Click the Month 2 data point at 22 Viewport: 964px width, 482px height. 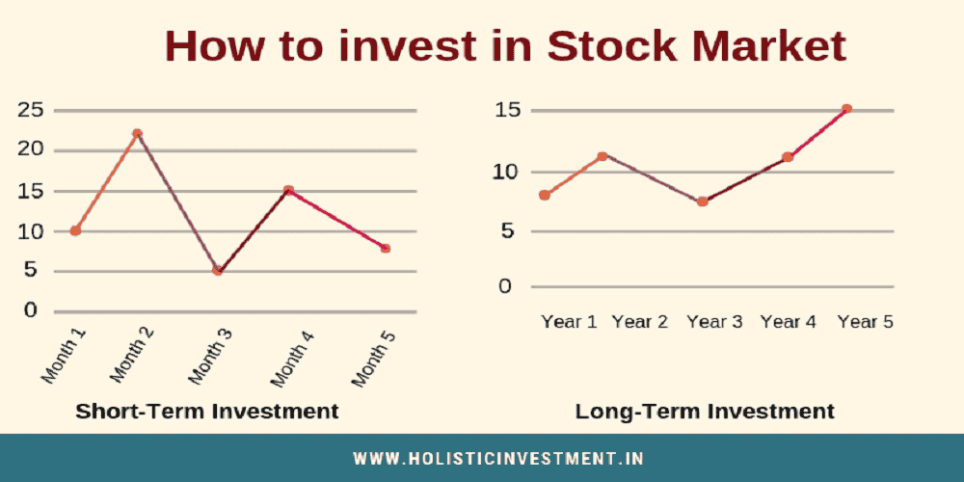[138, 133]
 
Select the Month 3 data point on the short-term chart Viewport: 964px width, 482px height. [218, 271]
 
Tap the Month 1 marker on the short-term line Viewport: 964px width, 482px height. [75, 230]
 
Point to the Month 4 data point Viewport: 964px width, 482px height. [288, 191]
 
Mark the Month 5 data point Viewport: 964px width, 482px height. [386, 248]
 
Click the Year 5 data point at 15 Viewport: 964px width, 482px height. [846, 109]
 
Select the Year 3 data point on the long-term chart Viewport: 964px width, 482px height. [703, 201]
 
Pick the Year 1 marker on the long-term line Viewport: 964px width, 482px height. [545, 195]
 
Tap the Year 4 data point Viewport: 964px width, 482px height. [788, 156]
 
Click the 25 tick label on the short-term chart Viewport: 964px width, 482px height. [31, 110]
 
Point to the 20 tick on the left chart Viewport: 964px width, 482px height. [31, 149]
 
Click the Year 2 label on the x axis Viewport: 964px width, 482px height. [640, 322]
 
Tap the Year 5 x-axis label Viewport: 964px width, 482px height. [865, 322]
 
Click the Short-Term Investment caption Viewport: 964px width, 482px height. [207, 411]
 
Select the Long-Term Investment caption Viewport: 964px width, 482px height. [705, 411]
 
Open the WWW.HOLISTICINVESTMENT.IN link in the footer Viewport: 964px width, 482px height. [498, 459]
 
